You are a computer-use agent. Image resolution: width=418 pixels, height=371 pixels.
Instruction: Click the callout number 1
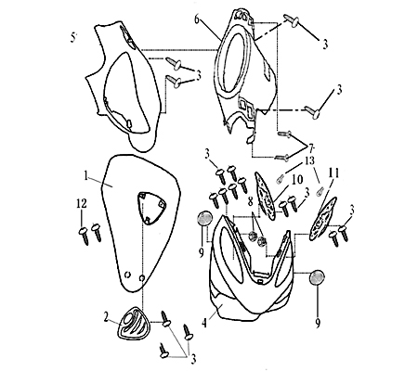point(86,176)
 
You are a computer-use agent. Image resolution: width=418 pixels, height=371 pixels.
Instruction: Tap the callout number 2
point(106,317)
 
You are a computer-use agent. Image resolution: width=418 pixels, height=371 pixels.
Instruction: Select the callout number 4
point(203,323)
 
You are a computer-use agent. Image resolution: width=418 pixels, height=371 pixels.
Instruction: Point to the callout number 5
point(72,37)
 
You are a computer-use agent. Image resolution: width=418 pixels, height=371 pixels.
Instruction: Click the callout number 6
point(197,19)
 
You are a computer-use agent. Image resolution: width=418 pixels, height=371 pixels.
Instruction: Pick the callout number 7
point(310,147)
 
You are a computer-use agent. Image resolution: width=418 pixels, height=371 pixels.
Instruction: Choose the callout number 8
point(250,201)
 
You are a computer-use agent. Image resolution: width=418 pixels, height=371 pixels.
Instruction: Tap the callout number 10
point(296,180)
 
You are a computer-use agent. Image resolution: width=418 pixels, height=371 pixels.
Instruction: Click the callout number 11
point(333,173)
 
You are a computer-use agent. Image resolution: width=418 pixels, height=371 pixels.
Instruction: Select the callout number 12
point(82,204)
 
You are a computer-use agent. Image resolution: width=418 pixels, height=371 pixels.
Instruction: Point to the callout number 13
point(308,160)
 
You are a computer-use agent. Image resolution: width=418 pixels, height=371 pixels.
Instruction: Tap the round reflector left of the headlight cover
point(204,219)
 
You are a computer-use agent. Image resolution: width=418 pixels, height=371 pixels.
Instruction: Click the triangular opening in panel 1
point(151,207)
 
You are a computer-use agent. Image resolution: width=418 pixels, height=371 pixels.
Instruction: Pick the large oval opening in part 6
point(239,63)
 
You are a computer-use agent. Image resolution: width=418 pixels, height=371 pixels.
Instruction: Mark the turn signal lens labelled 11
point(323,219)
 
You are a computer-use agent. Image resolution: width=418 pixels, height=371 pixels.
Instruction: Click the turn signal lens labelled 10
point(266,196)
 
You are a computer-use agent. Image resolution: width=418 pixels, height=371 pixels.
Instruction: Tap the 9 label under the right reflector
point(318,323)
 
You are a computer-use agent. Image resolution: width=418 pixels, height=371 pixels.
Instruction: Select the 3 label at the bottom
point(193,359)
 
